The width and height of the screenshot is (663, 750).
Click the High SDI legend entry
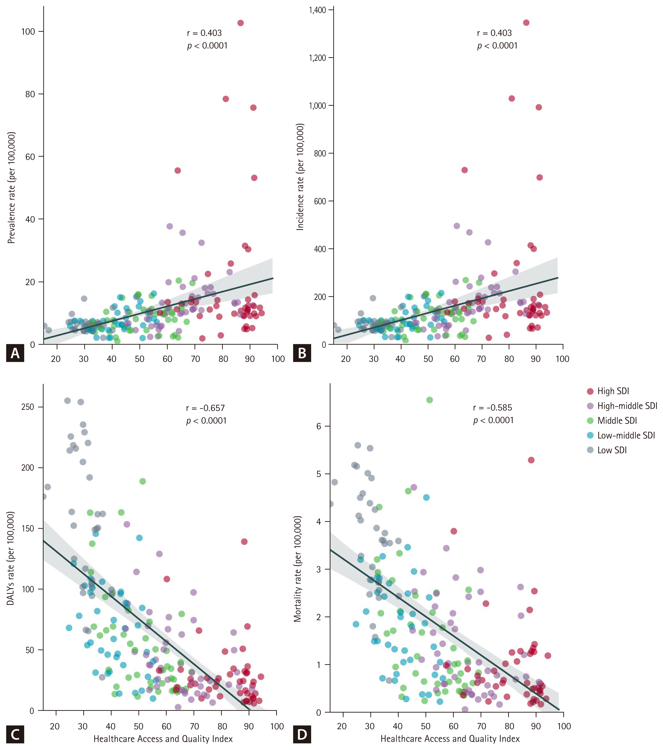click(613, 391)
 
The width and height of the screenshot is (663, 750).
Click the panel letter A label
click(15, 353)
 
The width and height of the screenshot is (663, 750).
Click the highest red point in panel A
click(241, 23)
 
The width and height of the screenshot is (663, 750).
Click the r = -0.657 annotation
click(205, 408)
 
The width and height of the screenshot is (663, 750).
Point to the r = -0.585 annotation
click(492, 408)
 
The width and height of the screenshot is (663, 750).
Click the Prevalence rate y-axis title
click(12, 187)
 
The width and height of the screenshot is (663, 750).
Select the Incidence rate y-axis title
click(300, 177)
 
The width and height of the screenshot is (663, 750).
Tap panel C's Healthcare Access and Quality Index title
click(163, 739)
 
